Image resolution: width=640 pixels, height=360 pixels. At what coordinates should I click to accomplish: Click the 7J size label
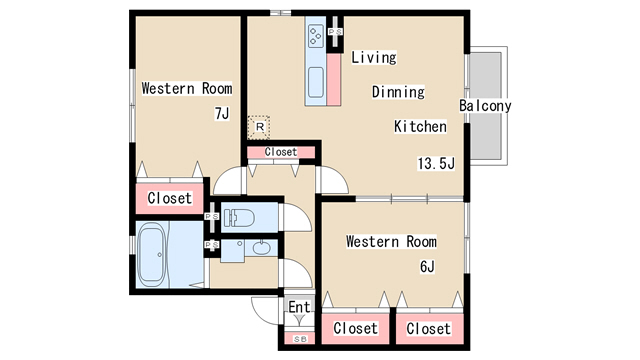222,113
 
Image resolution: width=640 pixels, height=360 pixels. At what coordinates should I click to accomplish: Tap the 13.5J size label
436,163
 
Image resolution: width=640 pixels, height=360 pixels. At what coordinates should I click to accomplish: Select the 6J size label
427,267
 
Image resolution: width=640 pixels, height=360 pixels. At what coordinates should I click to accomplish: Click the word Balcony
485,106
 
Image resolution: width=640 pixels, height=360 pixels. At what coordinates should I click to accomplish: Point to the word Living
374,57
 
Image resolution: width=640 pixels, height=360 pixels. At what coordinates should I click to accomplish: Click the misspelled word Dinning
398,92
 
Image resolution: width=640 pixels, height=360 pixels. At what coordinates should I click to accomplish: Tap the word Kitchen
420,127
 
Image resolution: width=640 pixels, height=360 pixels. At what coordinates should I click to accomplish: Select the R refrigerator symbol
259,127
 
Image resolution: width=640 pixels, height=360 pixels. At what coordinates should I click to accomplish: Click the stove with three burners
316,36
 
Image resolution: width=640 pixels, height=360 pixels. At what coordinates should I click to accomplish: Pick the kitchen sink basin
316,82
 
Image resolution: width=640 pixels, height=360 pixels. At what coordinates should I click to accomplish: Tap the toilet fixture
239,218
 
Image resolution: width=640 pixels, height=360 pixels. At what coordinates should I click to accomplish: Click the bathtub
151,255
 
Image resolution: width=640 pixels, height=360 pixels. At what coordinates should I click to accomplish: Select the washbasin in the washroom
261,248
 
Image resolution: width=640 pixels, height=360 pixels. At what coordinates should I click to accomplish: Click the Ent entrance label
299,307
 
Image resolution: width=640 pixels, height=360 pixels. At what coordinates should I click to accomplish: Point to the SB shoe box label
300,339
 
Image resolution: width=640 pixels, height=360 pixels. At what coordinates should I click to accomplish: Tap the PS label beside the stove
336,31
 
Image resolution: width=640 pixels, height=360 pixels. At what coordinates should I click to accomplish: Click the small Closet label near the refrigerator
281,152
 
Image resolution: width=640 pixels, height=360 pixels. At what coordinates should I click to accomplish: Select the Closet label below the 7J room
169,198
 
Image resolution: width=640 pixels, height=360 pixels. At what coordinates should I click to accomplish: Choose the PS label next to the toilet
211,216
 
